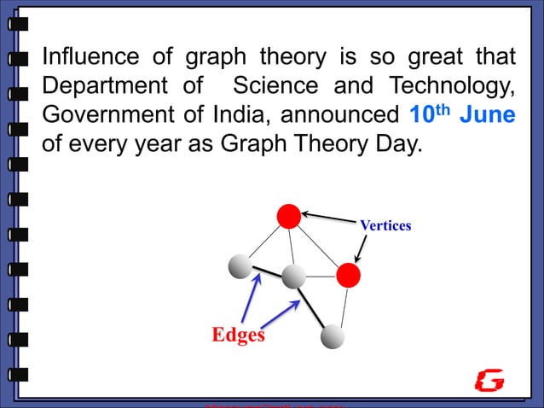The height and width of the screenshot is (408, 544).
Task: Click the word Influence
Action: tap(90, 58)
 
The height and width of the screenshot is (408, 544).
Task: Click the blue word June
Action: tap(488, 115)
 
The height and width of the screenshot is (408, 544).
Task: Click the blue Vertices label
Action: tap(385, 226)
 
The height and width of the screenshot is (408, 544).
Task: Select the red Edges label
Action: tap(238, 335)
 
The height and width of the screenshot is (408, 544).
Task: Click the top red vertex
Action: tap(289, 217)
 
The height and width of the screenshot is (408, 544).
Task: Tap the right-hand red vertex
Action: tap(348, 276)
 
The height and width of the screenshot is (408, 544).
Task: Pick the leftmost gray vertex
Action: tap(240, 266)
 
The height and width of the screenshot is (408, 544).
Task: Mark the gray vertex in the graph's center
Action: tap(293, 276)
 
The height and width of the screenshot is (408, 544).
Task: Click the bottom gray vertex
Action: tap(332, 337)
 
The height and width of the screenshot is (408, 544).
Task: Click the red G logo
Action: tap(489, 381)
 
